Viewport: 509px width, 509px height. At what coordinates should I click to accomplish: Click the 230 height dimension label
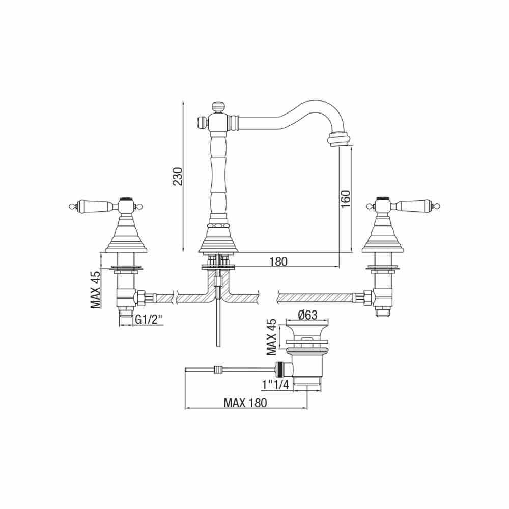[x=178, y=176]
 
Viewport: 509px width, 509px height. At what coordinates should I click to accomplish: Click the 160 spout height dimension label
[x=346, y=199]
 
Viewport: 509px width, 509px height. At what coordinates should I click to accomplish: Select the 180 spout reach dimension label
[x=278, y=261]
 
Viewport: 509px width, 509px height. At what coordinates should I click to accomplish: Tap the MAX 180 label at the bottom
[x=245, y=403]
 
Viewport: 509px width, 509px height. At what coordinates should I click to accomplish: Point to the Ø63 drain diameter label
[x=307, y=315]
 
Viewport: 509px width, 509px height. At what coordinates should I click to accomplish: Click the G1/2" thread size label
[x=148, y=320]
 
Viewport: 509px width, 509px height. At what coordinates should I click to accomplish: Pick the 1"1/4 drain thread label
[x=275, y=385]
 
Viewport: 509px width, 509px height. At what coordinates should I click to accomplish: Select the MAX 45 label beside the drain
[x=271, y=336]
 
